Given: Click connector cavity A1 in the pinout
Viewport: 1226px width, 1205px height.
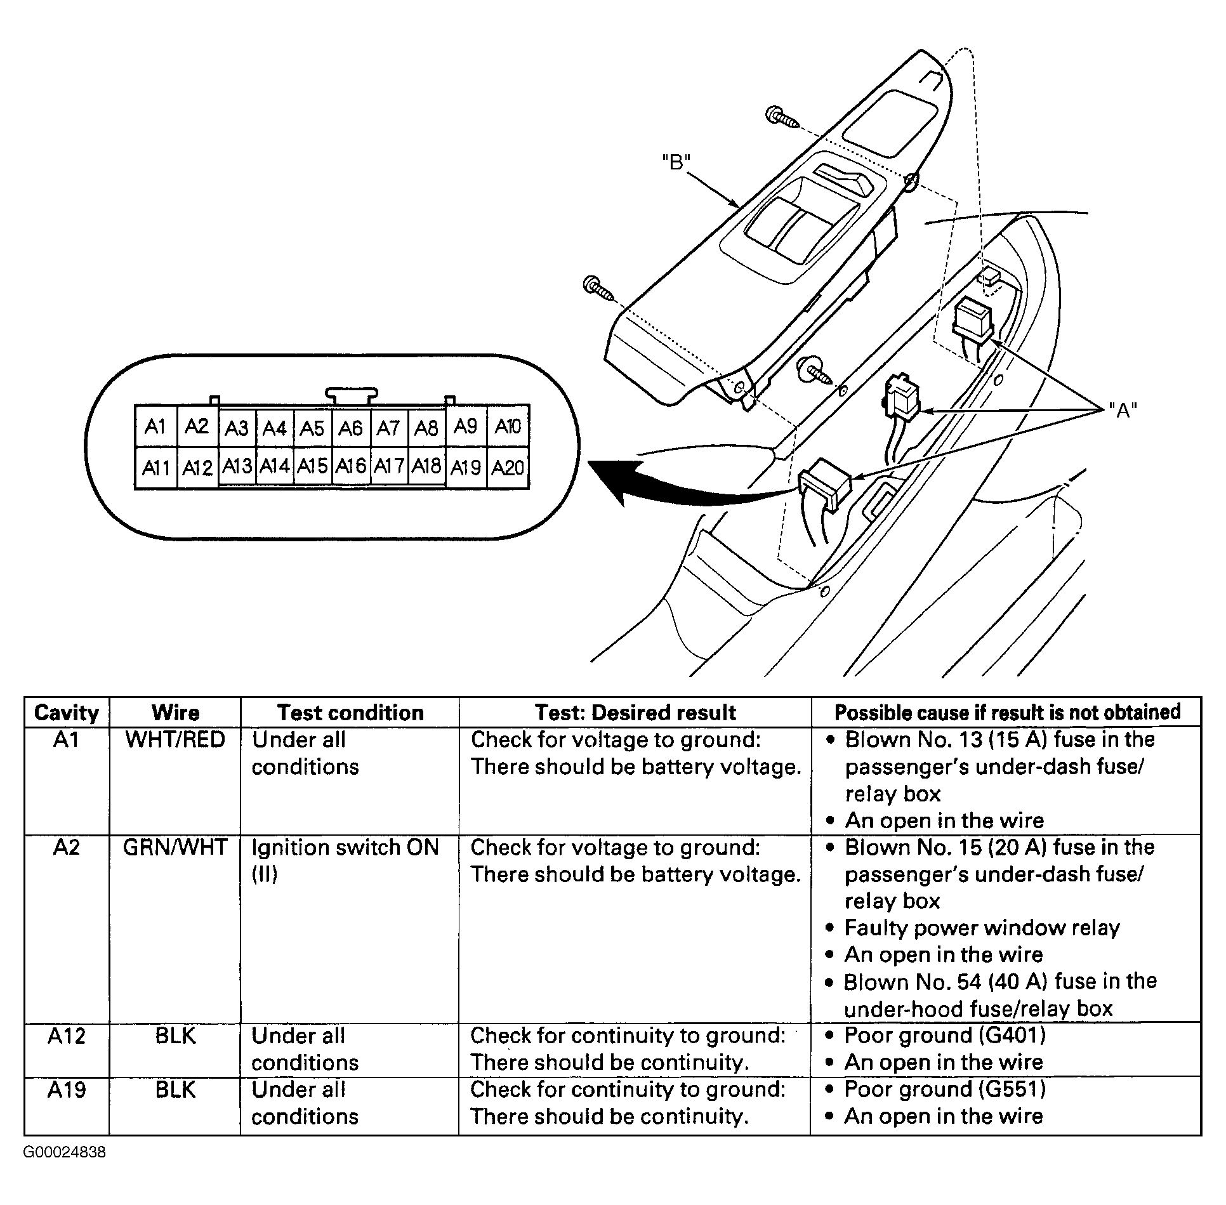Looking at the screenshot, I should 155,426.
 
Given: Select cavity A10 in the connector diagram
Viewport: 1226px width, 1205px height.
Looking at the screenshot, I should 508,426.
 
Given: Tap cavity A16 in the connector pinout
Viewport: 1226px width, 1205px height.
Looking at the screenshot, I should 351,466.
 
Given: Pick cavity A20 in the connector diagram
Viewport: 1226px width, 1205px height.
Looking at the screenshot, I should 508,468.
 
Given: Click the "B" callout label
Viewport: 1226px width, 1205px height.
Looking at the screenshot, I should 676,162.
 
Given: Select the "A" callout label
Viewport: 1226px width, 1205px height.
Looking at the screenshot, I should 1123,411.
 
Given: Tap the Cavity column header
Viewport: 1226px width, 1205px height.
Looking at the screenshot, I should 67,713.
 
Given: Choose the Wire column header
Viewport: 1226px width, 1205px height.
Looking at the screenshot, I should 175,713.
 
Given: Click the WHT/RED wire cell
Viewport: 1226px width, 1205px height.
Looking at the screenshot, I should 175,740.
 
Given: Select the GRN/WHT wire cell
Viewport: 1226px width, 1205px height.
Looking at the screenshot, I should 175,847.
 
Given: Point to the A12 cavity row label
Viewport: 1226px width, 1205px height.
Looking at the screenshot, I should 67,1036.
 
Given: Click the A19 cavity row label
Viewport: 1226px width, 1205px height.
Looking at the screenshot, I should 67,1090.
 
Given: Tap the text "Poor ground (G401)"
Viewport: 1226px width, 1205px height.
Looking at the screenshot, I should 944,1036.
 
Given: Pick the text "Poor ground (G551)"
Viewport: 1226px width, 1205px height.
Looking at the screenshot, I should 944,1090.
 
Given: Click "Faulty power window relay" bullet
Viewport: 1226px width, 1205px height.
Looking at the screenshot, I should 981,928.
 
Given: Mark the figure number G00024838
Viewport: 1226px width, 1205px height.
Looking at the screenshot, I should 65,1152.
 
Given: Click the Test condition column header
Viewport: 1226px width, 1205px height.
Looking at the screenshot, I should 350,713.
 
